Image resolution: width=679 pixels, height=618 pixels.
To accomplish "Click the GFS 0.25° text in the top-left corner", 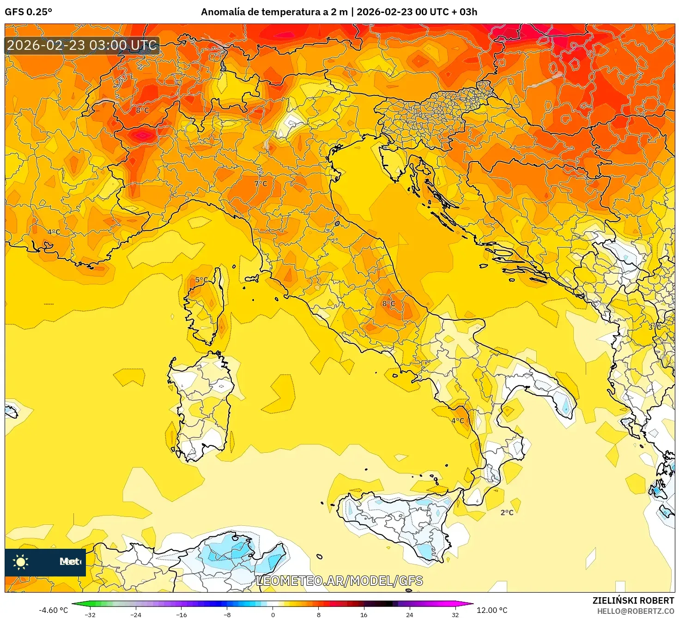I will click(28, 12).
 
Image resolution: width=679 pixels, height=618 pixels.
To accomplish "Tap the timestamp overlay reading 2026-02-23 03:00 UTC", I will click(82, 45).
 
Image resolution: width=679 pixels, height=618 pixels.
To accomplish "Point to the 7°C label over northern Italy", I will click(261, 184).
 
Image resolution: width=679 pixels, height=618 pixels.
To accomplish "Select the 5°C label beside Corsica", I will click(201, 280).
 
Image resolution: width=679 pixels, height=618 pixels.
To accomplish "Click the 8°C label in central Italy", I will click(388, 303).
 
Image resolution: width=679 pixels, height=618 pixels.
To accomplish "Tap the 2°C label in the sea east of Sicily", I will click(507, 512).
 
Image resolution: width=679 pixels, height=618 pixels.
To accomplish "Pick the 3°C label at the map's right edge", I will click(655, 327).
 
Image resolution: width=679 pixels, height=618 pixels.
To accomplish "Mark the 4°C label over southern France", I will click(54, 232).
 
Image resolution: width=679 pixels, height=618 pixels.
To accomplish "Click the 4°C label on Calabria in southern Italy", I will click(457, 420).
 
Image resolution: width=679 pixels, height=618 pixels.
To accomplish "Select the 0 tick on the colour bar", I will click(273, 614).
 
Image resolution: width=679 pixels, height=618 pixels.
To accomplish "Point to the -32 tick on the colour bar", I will click(90, 614).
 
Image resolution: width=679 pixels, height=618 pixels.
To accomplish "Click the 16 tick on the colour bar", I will click(364, 614).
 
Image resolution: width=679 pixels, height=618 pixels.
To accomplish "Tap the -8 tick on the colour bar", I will click(227, 614).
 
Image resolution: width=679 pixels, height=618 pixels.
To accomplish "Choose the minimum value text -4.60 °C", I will click(53, 610).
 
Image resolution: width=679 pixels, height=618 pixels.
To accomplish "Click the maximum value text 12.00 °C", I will click(492, 610).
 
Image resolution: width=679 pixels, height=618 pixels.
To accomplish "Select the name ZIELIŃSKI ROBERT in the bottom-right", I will click(633, 600).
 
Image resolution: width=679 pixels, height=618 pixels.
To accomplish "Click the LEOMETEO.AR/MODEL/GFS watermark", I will click(339, 581).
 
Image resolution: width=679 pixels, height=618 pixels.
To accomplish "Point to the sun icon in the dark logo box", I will click(21, 562).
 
